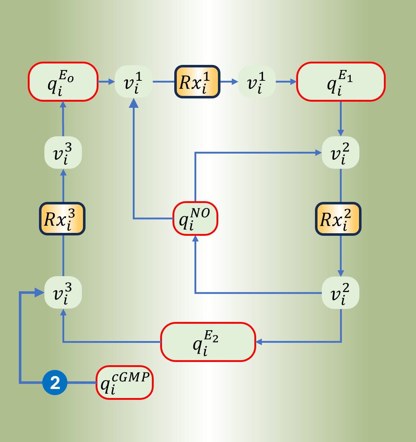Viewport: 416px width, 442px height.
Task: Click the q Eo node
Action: (63, 81)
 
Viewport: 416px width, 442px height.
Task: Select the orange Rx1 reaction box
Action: (197, 81)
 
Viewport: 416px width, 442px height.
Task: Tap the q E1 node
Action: (341, 81)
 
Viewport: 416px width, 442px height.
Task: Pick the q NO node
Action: (195, 218)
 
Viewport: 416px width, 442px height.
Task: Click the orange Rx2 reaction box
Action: (338, 219)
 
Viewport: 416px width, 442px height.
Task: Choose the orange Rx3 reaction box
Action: (62, 219)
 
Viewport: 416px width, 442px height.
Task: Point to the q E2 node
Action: (208, 342)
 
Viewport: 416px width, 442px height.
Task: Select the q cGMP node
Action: (124, 383)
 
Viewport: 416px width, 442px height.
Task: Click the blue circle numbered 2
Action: (55, 383)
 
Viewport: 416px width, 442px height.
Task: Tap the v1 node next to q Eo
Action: (133, 81)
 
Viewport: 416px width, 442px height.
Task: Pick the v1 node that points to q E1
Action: (257, 81)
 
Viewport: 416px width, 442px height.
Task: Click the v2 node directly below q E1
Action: (340, 153)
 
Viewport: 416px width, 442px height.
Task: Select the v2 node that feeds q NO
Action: (340, 293)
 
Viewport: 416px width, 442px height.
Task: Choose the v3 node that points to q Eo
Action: (63, 153)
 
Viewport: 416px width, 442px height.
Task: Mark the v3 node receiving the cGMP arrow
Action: (63, 293)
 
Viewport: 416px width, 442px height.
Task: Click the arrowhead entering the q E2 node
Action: (259, 342)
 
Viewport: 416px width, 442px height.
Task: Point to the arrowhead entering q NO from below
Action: (195, 239)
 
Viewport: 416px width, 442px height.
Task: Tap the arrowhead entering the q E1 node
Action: (293, 82)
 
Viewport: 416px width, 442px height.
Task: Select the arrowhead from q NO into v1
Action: (134, 103)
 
